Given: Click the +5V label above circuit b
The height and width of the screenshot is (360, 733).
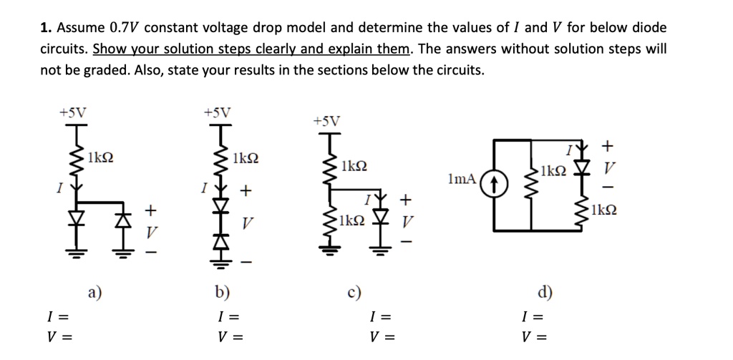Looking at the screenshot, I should point(217,112).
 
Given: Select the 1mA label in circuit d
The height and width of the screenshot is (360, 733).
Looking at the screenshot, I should point(462,178).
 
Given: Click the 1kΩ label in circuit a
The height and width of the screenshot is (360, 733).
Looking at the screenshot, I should point(102,157).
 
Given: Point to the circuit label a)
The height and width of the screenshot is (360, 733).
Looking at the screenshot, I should point(94,291).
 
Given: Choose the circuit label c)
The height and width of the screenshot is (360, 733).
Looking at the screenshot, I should point(354,291).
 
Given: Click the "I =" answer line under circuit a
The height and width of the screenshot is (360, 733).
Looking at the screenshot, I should point(57,316).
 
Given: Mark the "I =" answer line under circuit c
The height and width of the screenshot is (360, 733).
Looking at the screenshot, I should point(381,316).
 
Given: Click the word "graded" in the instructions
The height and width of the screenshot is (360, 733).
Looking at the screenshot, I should point(94,70).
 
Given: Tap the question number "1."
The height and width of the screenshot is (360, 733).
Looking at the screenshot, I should point(46,28).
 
